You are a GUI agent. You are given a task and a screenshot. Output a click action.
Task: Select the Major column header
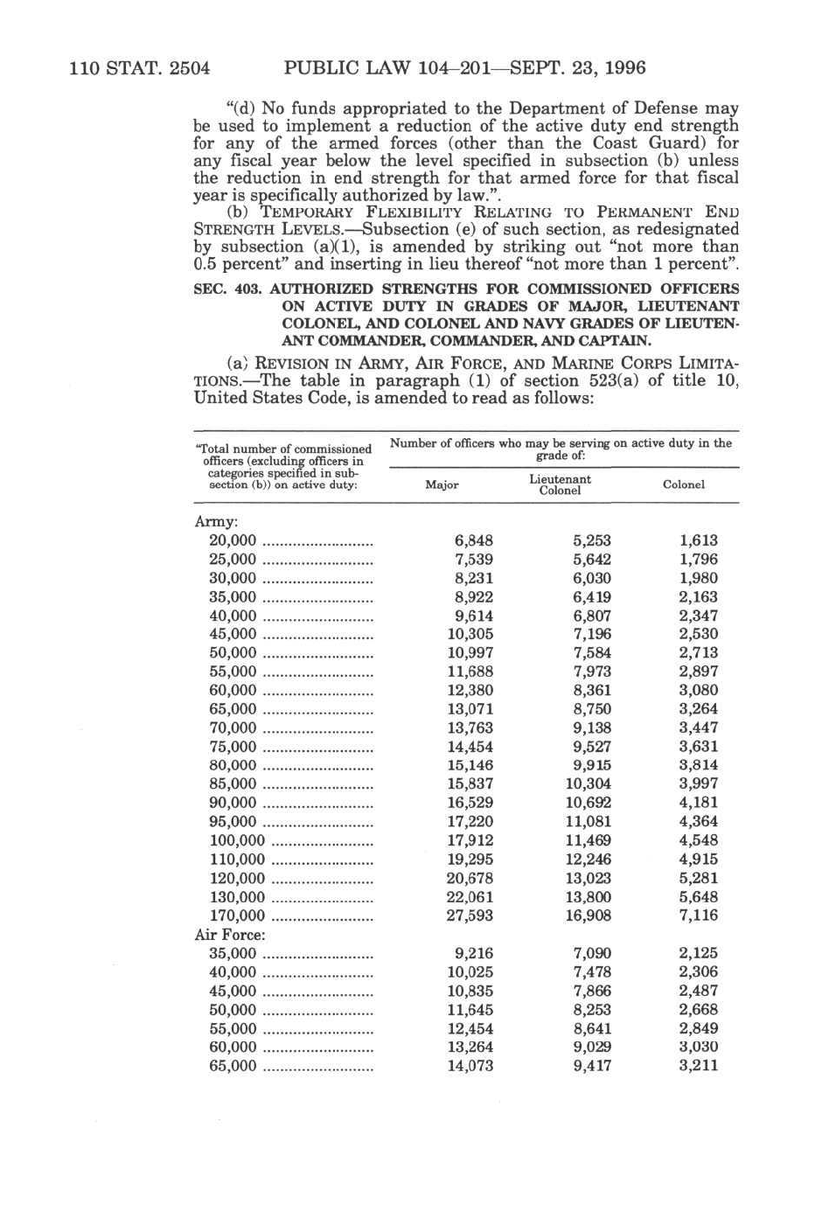click(x=442, y=485)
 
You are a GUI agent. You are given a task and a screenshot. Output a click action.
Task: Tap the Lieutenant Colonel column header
click(x=560, y=485)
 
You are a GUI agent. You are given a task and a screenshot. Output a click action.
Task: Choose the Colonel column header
click(x=684, y=485)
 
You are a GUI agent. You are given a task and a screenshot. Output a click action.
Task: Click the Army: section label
click(x=215, y=522)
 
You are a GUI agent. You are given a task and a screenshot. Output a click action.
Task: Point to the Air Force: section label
click(x=230, y=935)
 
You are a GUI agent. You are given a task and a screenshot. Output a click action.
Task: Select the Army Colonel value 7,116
click(x=698, y=916)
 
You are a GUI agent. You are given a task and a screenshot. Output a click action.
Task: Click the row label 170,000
click(x=237, y=916)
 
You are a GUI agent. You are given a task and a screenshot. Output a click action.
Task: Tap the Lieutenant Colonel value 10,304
click(x=588, y=784)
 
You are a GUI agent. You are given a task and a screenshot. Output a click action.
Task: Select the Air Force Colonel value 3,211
click(x=698, y=1066)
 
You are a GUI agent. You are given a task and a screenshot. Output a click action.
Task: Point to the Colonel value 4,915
click(x=698, y=860)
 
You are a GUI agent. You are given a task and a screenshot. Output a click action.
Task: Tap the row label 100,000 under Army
click(x=237, y=841)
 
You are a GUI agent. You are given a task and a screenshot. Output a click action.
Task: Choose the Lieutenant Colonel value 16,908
click(x=588, y=916)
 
